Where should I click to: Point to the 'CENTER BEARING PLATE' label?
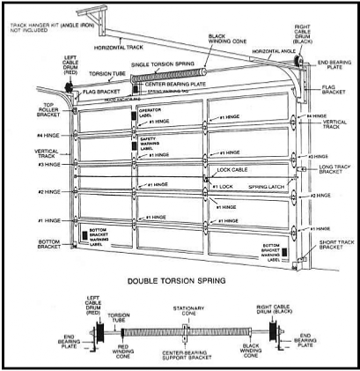(x=176, y=84)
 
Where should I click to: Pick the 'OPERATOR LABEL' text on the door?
(x=151, y=115)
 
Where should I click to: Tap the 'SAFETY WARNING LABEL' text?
(x=151, y=143)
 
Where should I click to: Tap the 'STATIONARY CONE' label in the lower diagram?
(x=185, y=312)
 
